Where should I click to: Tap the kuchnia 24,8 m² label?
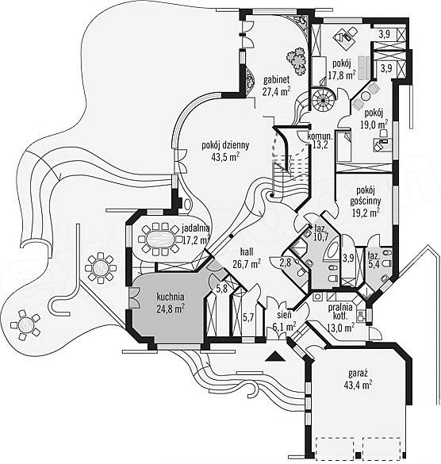(171, 303)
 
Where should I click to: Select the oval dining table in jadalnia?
(159, 239)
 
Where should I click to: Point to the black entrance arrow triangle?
(275, 357)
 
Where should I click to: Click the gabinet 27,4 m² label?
(277, 86)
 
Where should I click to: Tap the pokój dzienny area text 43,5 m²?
(225, 157)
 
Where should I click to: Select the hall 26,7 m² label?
(247, 258)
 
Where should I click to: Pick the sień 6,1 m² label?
(285, 321)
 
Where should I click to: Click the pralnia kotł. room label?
(341, 317)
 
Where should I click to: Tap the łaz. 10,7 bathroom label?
(320, 232)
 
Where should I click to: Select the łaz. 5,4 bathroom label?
(374, 260)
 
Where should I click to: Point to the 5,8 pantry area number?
(221, 288)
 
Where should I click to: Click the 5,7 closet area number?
(248, 318)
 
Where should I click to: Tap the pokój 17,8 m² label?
(342, 70)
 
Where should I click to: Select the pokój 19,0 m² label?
(374, 119)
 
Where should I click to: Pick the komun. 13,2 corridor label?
(320, 140)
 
